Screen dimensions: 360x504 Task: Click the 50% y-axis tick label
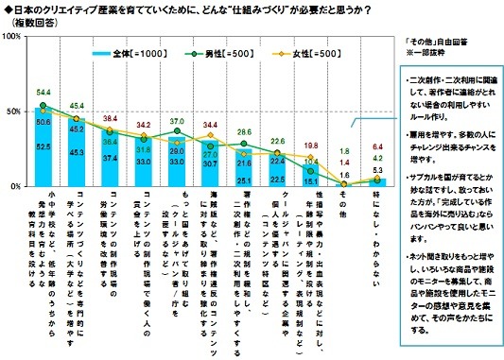(15, 111)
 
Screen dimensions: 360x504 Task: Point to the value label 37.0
(175, 122)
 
